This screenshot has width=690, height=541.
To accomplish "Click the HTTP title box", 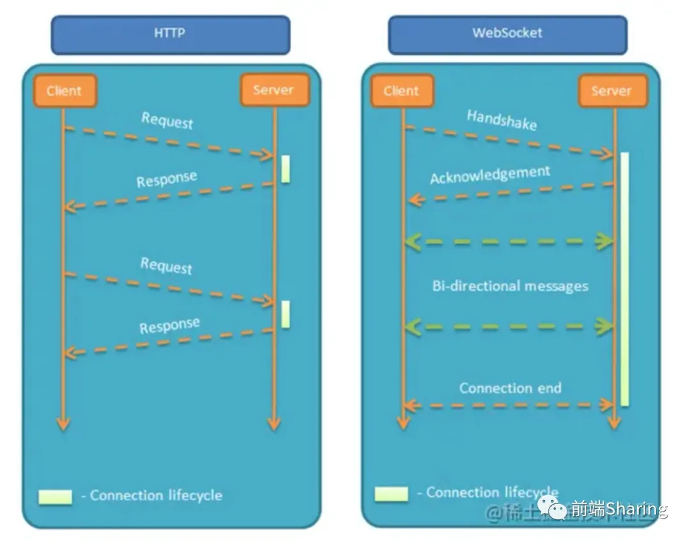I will click(x=170, y=34).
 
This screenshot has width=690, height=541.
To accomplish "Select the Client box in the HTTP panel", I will click(x=64, y=91).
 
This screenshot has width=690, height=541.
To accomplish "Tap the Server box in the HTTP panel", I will click(x=274, y=90).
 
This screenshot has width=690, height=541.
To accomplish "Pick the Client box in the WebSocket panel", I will click(x=401, y=91).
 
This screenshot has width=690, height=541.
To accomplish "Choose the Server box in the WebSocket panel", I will click(x=612, y=91).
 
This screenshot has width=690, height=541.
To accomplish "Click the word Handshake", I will click(x=502, y=119).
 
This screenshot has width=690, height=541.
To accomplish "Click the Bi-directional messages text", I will click(x=510, y=286).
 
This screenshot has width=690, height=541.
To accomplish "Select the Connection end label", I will click(x=510, y=388).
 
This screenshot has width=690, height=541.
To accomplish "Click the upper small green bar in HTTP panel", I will click(x=286, y=169).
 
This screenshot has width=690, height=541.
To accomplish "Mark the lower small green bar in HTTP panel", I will click(x=286, y=315).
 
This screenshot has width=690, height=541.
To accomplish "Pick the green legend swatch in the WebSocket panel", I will click(x=391, y=494).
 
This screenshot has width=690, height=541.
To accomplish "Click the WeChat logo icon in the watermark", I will click(x=551, y=508).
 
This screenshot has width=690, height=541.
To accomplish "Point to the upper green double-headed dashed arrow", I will click(x=509, y=242).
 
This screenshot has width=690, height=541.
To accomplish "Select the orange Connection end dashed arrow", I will click(x=509, y=404).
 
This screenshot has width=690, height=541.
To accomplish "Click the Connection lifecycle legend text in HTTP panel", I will click(x=156, y=496).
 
